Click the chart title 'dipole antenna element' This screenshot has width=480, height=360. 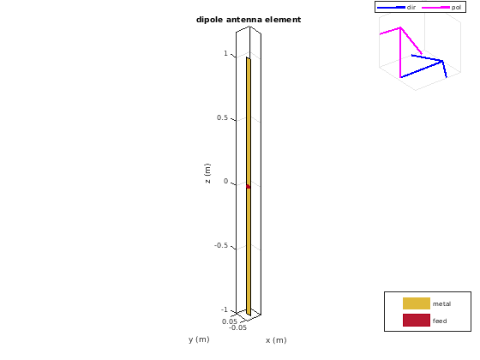pos(249,20)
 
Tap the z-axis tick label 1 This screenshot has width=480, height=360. pos(226,53)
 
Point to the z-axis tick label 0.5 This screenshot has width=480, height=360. pos(222,117)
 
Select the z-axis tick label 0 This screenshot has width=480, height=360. pos(226,181)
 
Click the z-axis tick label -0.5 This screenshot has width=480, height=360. pos(221,245)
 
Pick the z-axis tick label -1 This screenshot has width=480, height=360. pos(225,309)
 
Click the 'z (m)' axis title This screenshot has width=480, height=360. pos(207,173)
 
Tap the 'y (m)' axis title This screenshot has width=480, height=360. pos(199,339)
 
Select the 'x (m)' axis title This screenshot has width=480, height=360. pos(276,340)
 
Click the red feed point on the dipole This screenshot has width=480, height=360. pos(248,187)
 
